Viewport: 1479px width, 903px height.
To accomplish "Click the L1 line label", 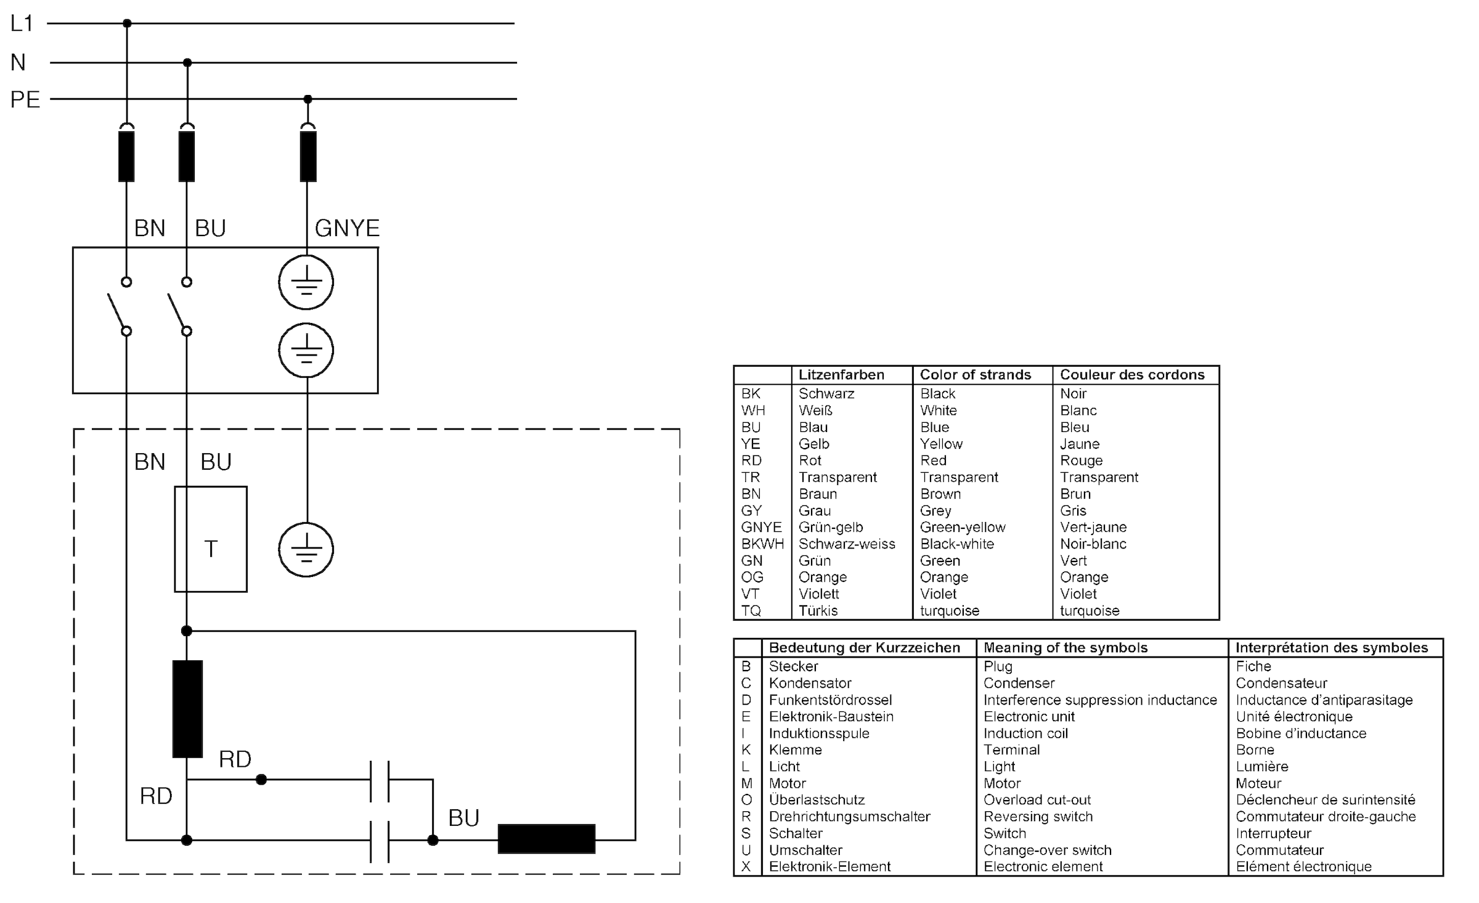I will click(x=22, y=23).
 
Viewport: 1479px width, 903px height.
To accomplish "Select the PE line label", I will click(x=25, y=99).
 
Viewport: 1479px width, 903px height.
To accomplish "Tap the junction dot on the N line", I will click(x=187, y=62).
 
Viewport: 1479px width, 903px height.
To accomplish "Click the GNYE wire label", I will click(x=347, y=228).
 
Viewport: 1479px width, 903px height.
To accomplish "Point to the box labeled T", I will click(x=211, y=539).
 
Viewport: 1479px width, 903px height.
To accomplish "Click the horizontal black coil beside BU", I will click(x=546, y=838).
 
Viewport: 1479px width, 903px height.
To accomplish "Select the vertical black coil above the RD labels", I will click(x=187, y=708).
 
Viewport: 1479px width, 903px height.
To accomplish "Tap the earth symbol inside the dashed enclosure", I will click(x=306, y=550).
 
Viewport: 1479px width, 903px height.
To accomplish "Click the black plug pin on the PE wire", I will click(x=308, y=156).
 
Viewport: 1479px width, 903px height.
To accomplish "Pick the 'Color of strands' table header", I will click(x=975, y=375).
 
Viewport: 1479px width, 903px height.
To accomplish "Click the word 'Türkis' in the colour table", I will click(x=818, y=610).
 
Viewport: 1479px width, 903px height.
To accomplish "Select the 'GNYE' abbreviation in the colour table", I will click(x=761, y=527).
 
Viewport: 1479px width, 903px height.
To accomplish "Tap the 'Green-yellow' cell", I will click(x=963, y=527).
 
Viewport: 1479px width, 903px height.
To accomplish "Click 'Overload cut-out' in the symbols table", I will click(x=1037, y=799).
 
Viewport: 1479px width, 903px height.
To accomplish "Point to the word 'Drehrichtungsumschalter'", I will click(x=849, y=816).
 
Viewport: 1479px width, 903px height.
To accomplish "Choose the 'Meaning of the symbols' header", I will click(x=1065, y=647).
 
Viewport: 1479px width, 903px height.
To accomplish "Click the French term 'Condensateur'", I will click(x=1281, y=683).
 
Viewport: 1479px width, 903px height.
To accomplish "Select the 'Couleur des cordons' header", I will click(x=1132, y=375).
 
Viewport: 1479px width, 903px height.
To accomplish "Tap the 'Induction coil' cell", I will click(x=1025, y=733).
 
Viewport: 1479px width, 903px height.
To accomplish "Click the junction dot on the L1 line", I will click(x=127, y=23).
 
